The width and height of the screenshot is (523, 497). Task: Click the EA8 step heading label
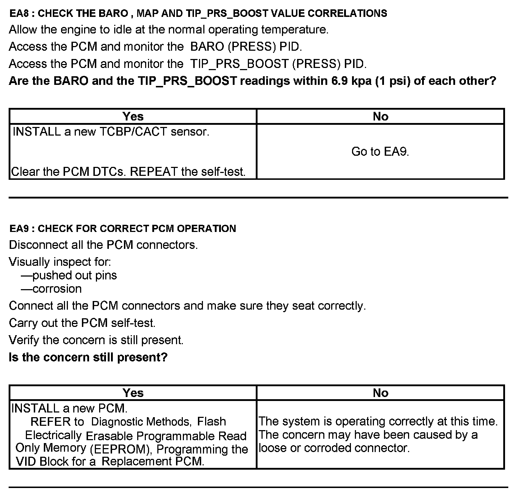click(x=198, y=13)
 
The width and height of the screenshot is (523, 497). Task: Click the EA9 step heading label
click(x=122, y=228)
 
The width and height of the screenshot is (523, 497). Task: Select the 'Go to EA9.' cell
click(x=380, y=151)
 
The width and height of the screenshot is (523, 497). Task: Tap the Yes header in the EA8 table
click(x=133, y=117)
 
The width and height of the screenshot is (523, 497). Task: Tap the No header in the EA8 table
click(x=380, y=117)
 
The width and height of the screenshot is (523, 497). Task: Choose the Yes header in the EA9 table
click(x=133, y=393)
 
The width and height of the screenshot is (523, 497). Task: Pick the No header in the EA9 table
click(x=380, y=393)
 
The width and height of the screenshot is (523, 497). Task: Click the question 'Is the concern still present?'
click(x=88, y=357)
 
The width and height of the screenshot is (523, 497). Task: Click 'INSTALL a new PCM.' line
click(x=70, y=408)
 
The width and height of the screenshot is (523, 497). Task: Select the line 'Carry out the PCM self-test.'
click(x=82, y=323)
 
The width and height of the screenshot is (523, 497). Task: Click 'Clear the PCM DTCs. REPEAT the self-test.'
click(x=129, y=172)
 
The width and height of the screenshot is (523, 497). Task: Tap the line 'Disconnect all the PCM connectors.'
click(x=103, y=245)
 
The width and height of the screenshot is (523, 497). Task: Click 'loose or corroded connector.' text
click(x=334, y=448)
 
